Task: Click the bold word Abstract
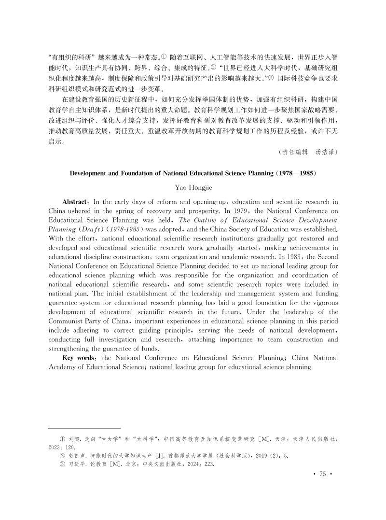click(75, 201)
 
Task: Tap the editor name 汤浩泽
click(326, 152)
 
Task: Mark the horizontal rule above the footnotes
click(84, 428)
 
